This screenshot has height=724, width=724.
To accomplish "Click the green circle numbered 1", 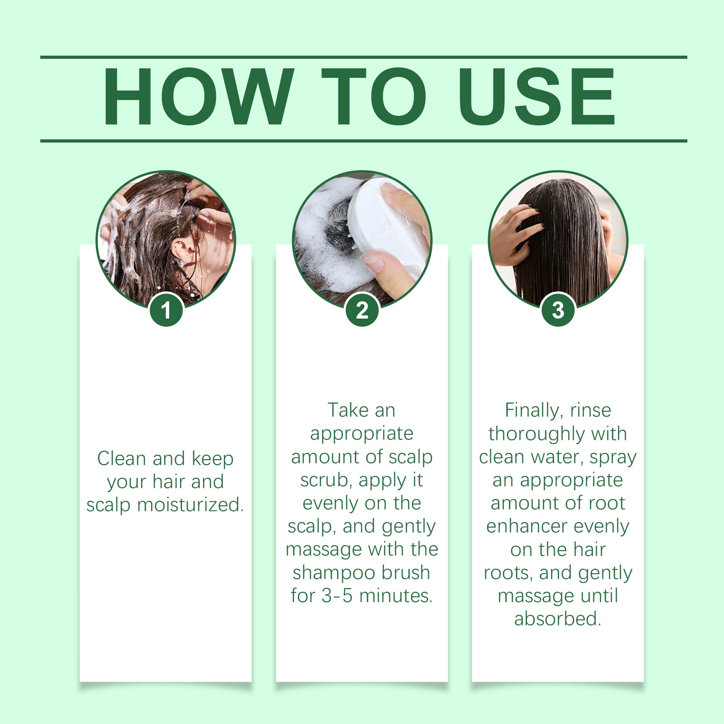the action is coord(166,310).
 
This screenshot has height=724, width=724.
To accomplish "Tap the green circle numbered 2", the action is coord(362,310).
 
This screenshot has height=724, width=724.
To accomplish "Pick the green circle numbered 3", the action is coord(558,310).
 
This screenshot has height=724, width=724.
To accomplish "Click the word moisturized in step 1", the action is coord(191,505).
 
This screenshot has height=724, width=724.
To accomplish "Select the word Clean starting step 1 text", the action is coord(123,458).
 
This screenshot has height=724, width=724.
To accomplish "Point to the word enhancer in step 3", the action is coord(527,526).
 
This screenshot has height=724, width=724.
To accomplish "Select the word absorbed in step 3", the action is coord(557,619).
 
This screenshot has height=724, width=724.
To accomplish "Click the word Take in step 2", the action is coord(347,410).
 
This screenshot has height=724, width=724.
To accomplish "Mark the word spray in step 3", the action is coord(613,458).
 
